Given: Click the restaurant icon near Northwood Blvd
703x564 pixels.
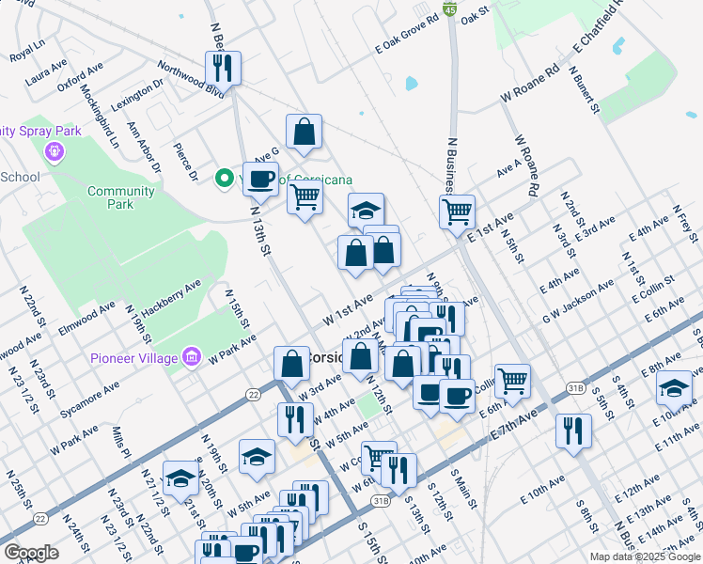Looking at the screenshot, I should (x=224, y=68).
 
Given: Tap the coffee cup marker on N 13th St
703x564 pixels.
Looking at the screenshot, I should (x=260, y=178).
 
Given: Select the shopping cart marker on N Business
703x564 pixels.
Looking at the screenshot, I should (x=457, y=211).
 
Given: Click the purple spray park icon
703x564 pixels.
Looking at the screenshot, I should (x=54, y=150).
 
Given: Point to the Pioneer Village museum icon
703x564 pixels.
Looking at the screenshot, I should (x=193, y=356).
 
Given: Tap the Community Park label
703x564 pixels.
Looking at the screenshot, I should (x=121, y=197).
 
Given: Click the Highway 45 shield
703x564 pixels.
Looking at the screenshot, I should (x=451, y=9).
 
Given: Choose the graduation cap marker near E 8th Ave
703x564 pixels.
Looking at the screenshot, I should (x=674, y=386).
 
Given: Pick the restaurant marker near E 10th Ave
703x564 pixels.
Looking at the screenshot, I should (x=573, y=431).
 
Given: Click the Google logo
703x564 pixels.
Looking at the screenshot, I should (x=31, y=553).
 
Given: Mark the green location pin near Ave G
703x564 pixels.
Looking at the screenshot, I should (x=225, y=178).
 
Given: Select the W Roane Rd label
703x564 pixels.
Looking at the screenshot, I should (x=530, y=84).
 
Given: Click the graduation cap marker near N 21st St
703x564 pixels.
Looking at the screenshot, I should (x=180, y=478).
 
